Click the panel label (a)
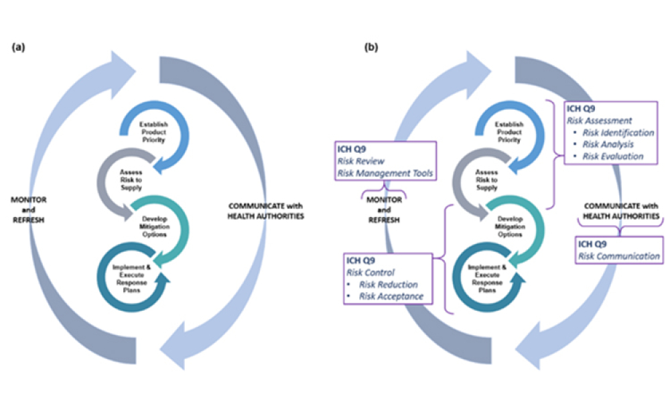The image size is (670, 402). pyautogui.click(x=19, y=47)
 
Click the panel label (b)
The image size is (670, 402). pyautogui.click(x=370, y=47)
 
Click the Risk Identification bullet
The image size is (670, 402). pyautogui.click(x=618, y=133)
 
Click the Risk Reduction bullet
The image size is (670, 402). pyautogui.click(x=389, y=285)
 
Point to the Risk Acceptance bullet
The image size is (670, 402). pyautogui.click(x=392, y=296)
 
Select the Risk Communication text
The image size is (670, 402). pyautogui.click(x=620, y=256)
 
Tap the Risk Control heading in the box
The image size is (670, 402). pyautogui.click(x=370, y=273)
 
